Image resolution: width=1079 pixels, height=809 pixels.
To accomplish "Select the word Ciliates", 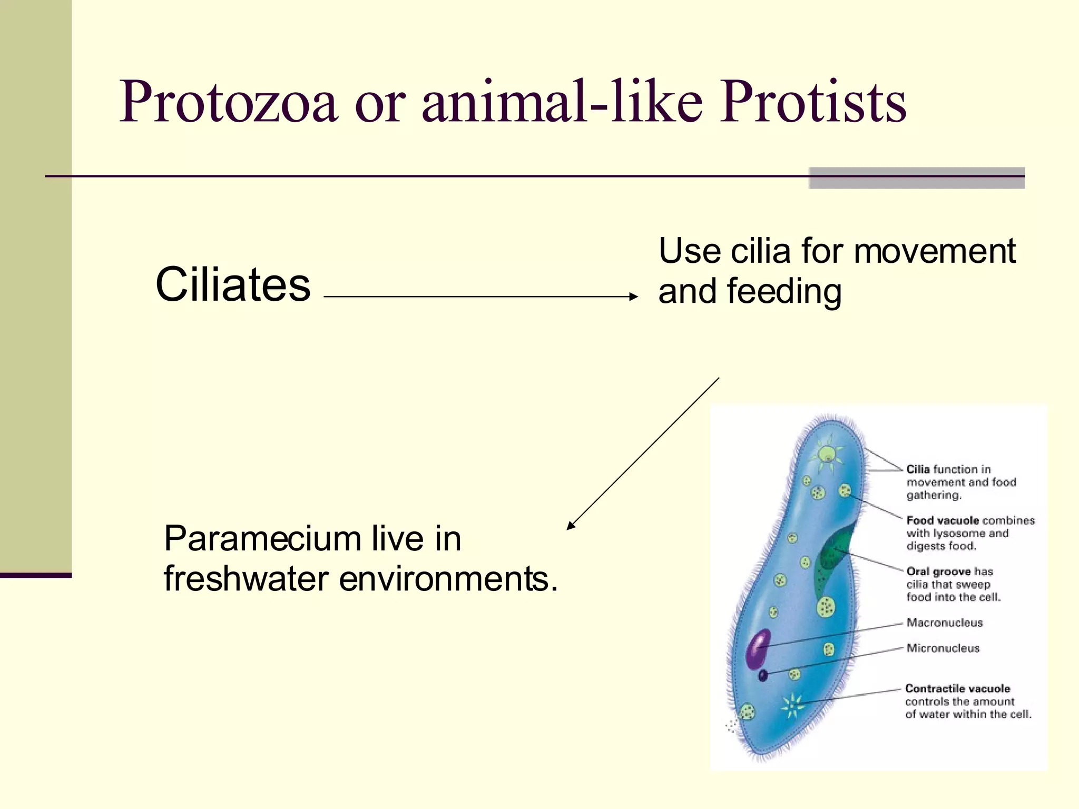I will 233,285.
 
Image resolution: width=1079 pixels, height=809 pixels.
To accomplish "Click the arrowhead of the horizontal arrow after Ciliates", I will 633,297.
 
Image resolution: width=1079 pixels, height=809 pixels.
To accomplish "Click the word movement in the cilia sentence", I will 934,251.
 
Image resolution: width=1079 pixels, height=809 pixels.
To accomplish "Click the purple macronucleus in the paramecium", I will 758,649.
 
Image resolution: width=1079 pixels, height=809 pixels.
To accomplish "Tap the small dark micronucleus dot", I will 763,675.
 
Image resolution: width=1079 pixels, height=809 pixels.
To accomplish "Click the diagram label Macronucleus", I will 944,623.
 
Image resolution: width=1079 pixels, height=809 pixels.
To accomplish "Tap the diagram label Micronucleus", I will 943,648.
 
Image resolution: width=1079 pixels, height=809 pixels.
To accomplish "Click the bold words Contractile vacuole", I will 957,688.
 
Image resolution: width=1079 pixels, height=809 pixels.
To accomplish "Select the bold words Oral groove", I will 938,571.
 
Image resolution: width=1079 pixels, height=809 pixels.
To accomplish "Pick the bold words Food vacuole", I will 943,520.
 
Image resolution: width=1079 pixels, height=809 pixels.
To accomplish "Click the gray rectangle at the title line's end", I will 917,178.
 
